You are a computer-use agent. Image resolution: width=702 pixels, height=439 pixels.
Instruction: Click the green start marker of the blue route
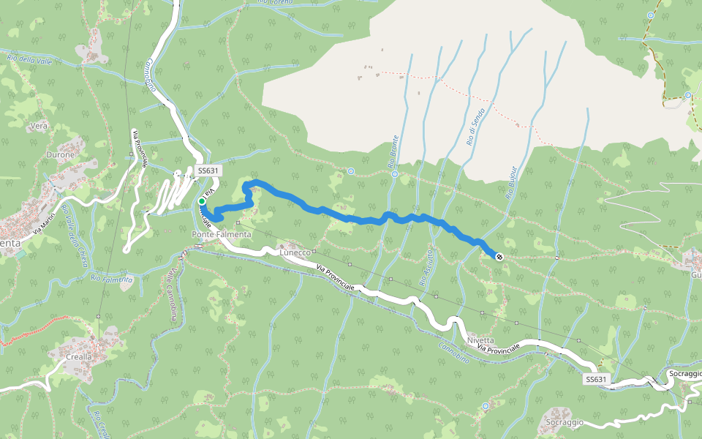[x=202, y=200]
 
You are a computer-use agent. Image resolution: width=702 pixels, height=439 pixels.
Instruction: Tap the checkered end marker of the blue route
[x=499, y=256]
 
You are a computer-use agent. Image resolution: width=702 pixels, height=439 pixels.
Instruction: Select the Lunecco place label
[x=295, y=252]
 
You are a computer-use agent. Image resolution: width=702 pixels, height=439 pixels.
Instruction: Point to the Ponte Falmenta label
[x=221, y=234]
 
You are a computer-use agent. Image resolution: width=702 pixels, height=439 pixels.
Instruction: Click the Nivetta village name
[x=480, y=340]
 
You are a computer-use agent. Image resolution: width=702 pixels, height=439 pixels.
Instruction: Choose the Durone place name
[x=61, y=155]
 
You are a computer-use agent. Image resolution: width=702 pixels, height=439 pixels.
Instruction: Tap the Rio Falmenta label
[x=112, y=279]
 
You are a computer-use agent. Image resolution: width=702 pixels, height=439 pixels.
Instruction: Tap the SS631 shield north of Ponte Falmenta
[x=208, y=170]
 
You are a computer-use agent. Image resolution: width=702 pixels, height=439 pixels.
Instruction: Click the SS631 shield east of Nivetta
[x=597, y=379]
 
